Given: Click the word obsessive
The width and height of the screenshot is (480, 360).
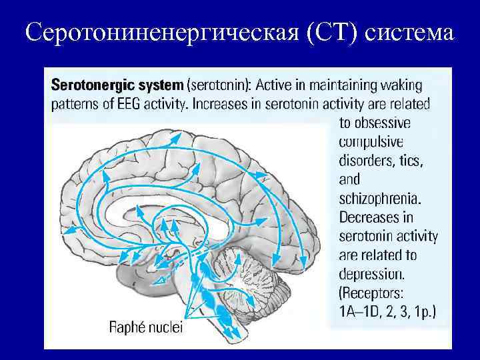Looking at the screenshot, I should [374, 123].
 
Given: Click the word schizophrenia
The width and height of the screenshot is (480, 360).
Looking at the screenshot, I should [381, 198].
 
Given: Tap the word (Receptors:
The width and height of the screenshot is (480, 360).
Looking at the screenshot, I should [377, 292].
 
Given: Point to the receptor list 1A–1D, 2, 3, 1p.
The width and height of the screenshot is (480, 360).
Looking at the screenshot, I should [387, 311].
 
